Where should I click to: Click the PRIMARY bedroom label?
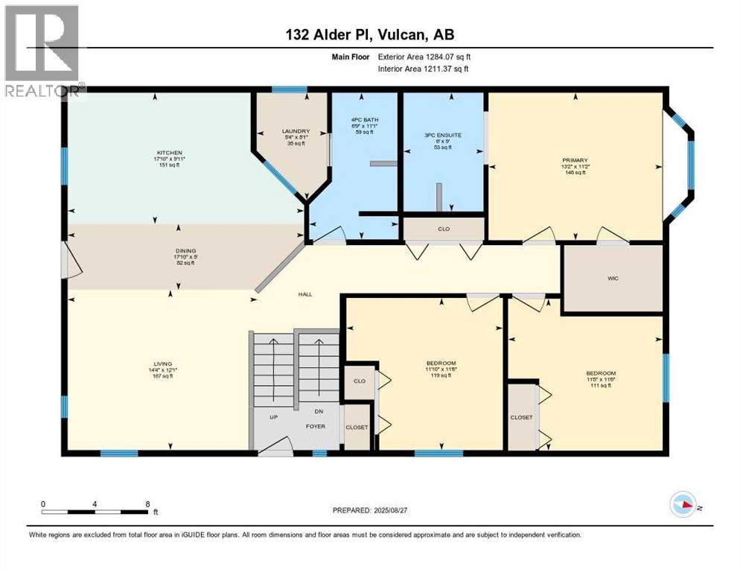(x=575, y=160)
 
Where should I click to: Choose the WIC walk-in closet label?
(x=613, y=278)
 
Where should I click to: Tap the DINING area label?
(x=179, y=252)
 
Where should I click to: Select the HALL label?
(x=305, y=294)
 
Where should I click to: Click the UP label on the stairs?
(x=273, y=417)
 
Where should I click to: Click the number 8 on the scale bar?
(x=147, y=503)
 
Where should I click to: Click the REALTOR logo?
(x=42, y=52)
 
